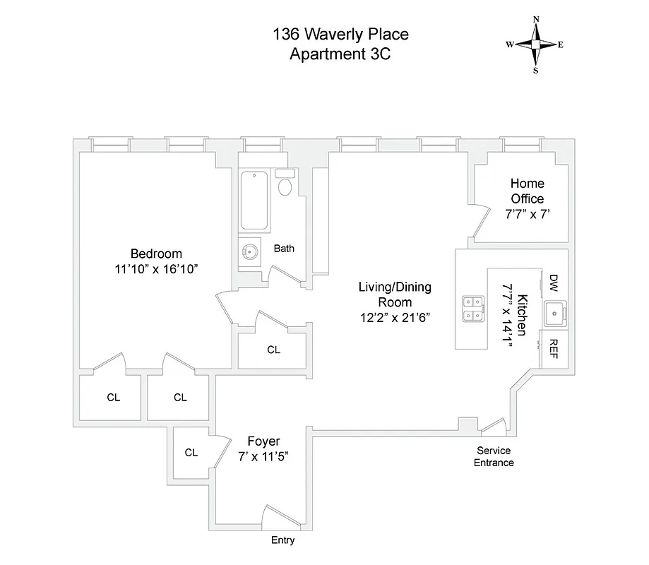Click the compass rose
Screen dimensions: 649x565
pos(535,44)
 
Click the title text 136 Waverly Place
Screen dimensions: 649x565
pos(340,34)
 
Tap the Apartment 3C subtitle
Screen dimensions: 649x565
pos(340,55)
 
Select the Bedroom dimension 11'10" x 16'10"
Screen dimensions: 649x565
pos(156,269)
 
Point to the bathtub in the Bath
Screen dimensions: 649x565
pos(255,201)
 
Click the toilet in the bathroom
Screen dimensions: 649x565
pos(285,186)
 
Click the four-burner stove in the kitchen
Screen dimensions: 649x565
pos(473,308)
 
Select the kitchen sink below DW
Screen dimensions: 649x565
pos(554,311)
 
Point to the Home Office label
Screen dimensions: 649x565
pos(528,191)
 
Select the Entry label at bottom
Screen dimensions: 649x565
pos(282,540)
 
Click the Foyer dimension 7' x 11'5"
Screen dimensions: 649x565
pos(263,457)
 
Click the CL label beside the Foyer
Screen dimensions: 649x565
pos(191,453)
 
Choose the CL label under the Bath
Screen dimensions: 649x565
pos(273,350)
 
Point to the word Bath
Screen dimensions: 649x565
pos(284,248)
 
